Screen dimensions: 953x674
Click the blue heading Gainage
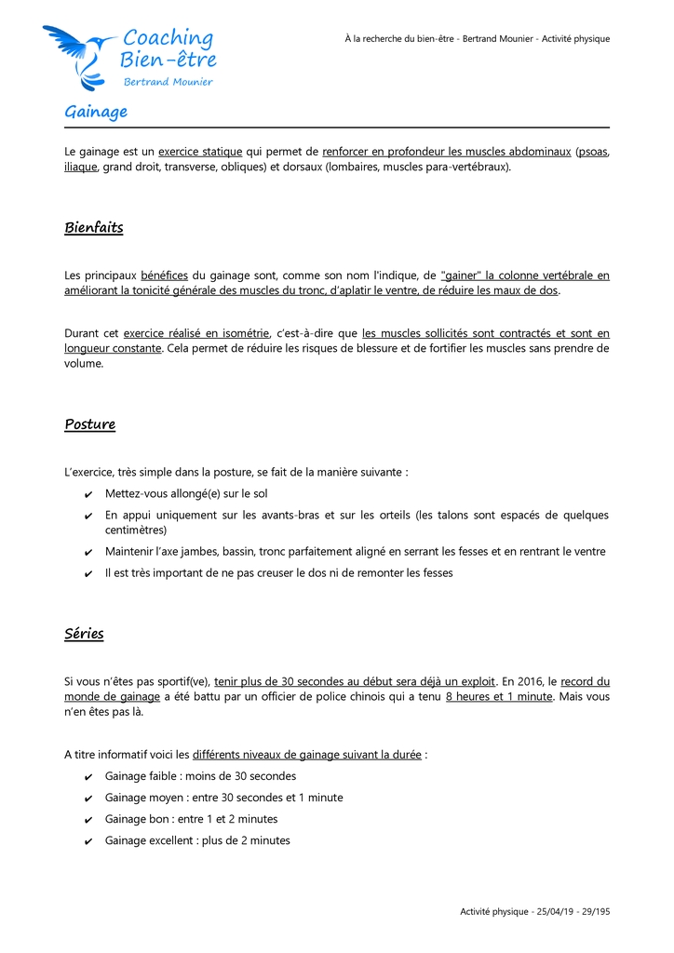[x=96, y=112]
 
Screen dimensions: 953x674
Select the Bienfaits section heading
[x=94, y=227]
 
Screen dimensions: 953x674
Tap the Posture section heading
[x=90, y=424]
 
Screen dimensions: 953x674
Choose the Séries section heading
[x=84, y=634]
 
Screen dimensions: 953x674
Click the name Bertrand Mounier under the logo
[x=168, y=82]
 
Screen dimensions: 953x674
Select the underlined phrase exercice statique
[x=200, y=152]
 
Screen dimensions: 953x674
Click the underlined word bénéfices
[x=164, y=275]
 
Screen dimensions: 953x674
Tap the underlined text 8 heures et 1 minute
[x=499, y=697]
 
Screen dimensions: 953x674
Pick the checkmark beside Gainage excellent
[x=88, y=841]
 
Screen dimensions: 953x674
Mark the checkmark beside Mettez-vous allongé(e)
[x=88, y=494]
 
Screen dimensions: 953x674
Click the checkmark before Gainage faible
[x=88, y=777]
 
